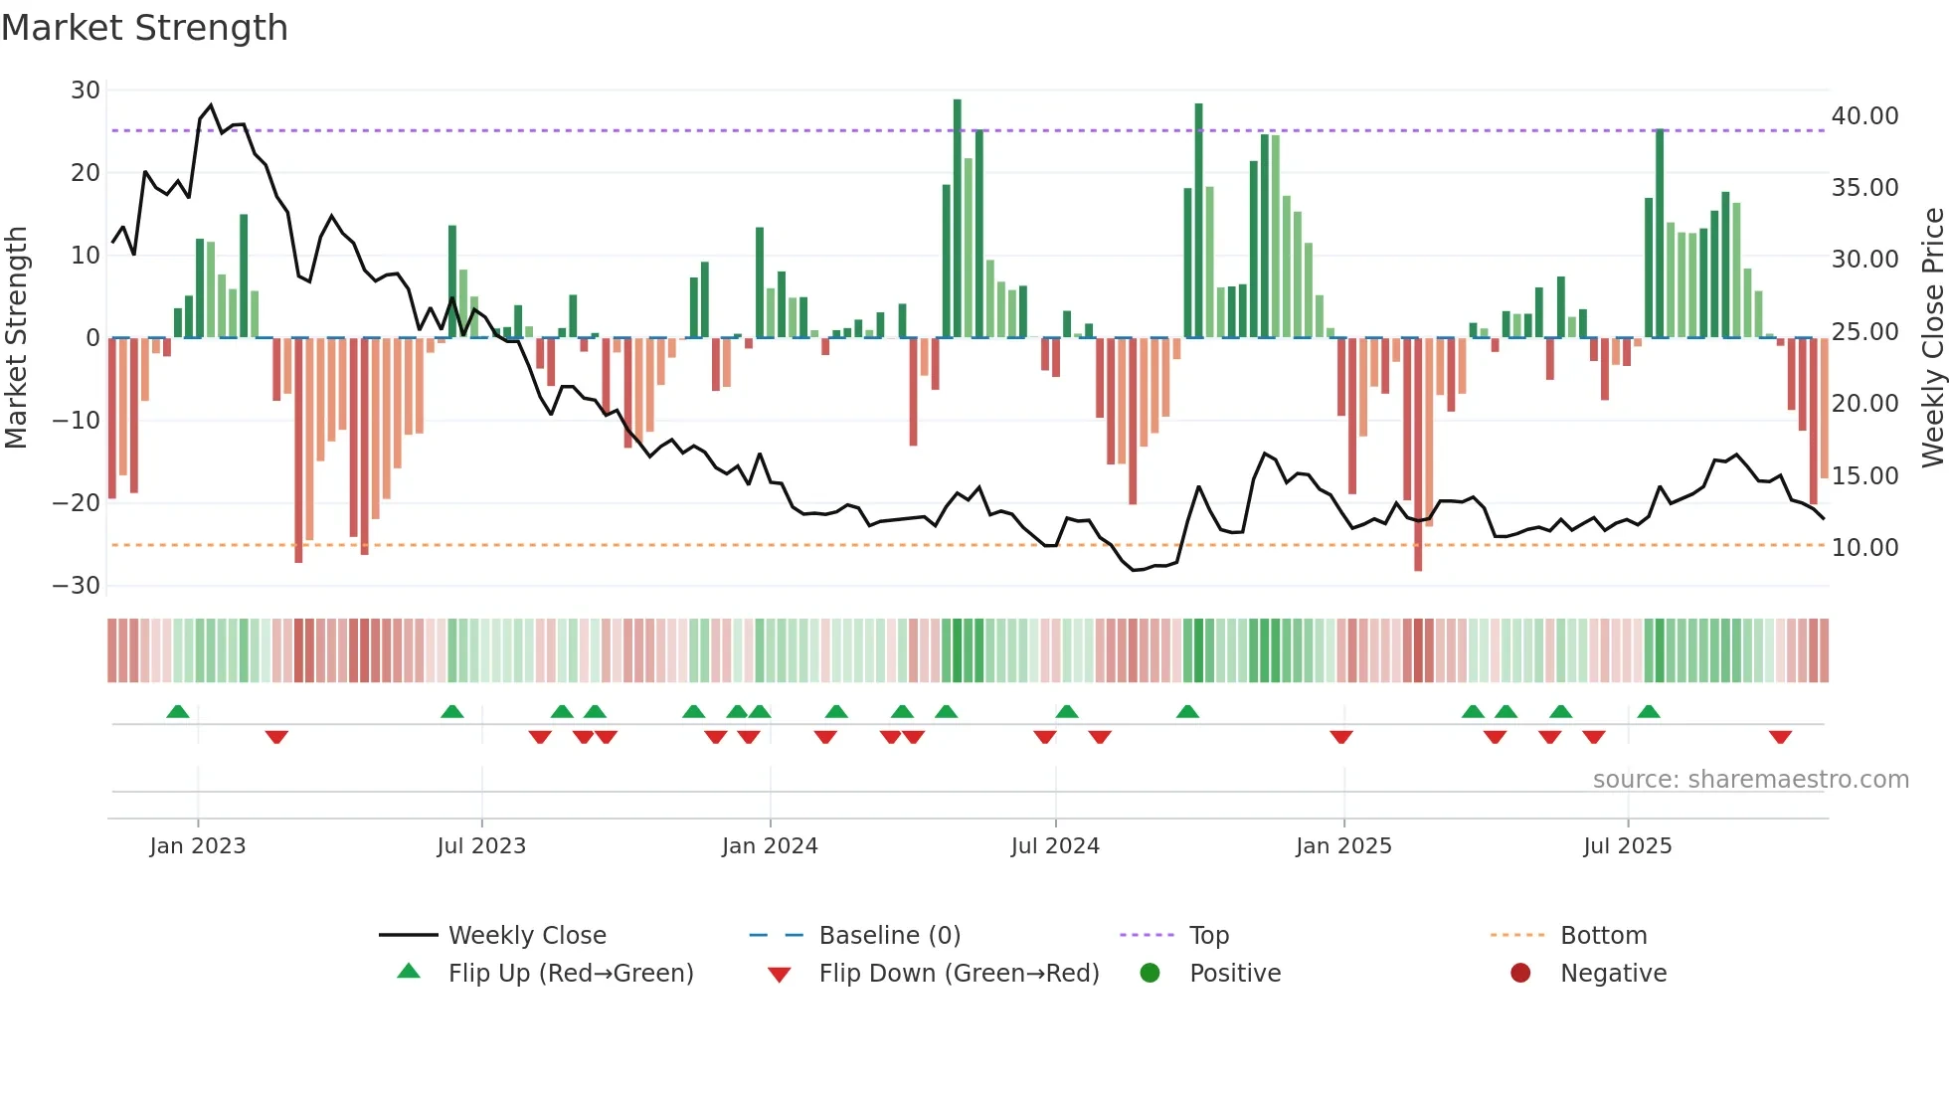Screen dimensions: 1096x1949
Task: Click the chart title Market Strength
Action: click(144, 28)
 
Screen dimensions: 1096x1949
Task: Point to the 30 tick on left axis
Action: click(86, 91)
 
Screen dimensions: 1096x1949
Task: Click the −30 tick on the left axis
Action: click(78, 586)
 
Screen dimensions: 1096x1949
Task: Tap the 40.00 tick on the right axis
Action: click(1864, 116)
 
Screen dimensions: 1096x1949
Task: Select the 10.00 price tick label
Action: click(1864, 548)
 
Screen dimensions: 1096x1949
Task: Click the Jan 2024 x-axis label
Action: click(770, 846)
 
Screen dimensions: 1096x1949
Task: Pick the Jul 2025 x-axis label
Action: click(1628, 846)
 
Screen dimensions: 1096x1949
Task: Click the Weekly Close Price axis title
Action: click(1932, 338)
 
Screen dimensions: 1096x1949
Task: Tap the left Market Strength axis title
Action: click(17, 338)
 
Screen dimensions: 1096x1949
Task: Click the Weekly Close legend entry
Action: click(526, 936)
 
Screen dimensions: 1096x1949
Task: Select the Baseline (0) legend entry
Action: click(889, 936)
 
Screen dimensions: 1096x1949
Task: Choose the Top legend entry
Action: click(1208, 936)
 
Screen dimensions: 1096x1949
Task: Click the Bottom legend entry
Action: click(1603, 936)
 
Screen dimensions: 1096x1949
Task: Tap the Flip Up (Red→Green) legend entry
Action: click(570, 974)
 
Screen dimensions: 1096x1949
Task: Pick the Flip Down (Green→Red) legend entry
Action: click(959, 974)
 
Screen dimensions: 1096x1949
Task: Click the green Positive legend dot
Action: click(1151, 974)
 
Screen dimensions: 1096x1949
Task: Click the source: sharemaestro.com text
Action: click(1750, 780)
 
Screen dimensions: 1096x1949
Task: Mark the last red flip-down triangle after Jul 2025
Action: click(1780, 737)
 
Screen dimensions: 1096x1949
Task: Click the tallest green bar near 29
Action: click(958, 219)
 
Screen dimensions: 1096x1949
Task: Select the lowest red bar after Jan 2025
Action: click(1418, 455)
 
